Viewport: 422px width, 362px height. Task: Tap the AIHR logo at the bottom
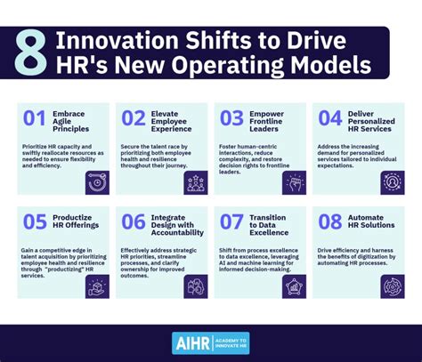pos(210,342)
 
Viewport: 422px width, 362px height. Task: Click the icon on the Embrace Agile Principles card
pos(95,182)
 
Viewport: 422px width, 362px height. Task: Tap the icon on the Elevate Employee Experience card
pos(195,182)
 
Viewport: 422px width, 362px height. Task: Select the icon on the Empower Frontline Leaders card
pos(293,182)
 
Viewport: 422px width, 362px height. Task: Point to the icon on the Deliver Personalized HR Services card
pos(392,182)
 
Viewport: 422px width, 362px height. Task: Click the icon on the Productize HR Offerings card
pos(95,286)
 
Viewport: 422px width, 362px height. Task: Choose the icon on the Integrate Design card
pos(195,286)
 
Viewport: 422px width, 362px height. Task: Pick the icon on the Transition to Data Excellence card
pos(293,286)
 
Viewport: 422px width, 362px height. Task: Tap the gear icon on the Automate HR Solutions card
pos(392,286)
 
